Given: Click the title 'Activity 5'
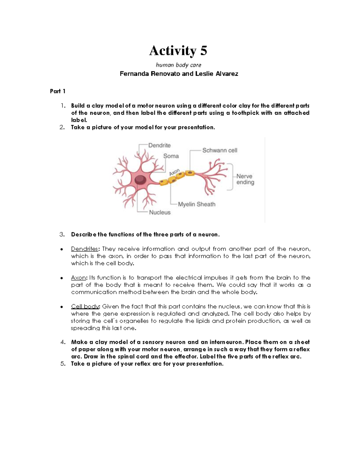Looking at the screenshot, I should (178, 50).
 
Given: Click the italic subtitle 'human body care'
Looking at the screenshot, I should (178, 65).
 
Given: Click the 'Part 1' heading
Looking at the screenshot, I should (58, 91).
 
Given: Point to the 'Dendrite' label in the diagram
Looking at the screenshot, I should (159, 145).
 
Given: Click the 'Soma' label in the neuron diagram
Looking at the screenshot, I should (171, 156).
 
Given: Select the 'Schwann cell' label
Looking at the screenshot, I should (220, 150).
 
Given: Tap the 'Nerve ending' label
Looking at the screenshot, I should (245, 179).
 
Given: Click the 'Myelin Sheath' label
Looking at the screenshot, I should (196, 204).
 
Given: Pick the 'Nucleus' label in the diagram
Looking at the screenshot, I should (160, 212).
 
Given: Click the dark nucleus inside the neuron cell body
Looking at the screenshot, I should (140, 180).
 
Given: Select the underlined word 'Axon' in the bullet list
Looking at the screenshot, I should (78, 278).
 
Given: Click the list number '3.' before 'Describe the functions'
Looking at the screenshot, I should (62, 235).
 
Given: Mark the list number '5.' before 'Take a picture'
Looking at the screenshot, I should (62, 364).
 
